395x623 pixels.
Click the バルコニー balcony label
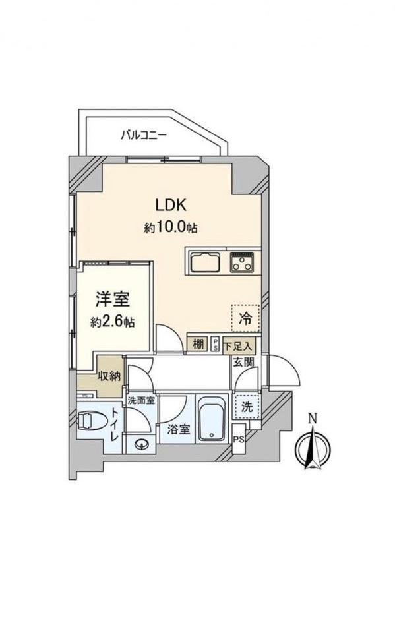click(144, 136)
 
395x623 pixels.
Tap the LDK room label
click(171, 205)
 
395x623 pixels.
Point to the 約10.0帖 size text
click(171, 227)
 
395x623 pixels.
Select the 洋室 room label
click(113, 299)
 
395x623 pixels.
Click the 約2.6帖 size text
click(112, 322)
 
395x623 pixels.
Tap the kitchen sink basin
click(206, 262)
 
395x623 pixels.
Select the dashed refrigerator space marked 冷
click(245, 318)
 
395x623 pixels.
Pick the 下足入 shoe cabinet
click(237, 345)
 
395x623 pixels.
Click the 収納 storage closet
click(107, 376)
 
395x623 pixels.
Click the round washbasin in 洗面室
click(142, 444)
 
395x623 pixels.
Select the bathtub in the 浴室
click(212, 418)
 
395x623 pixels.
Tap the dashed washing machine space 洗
click(247, 407)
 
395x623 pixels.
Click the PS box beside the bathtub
click(239, 438)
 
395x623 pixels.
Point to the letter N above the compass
click(313, 417)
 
